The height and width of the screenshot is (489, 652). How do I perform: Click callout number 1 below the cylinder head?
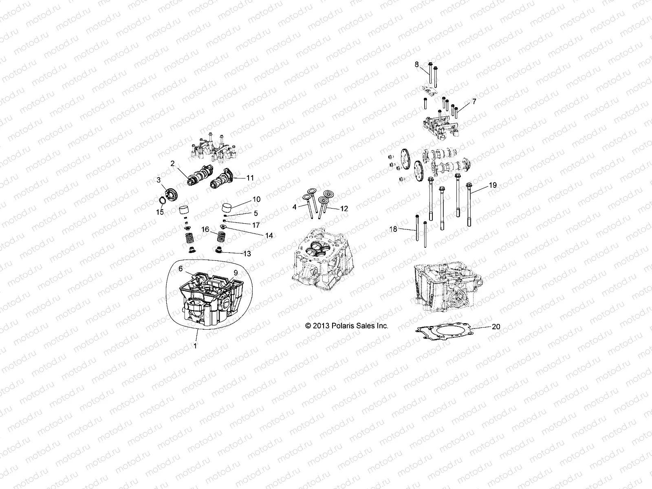[x=195, y=345]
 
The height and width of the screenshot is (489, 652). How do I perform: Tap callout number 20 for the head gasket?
[x=496, y=326]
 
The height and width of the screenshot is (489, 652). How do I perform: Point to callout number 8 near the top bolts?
[x=416, y=64]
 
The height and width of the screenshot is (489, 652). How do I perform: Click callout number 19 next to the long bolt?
[x=493, y=185]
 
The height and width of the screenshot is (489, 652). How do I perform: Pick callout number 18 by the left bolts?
[x=393, y=229]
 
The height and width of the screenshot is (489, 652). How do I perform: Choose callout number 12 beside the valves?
[x=344, y=208]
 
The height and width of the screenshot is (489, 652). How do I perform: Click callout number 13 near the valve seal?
[x=247, y=253]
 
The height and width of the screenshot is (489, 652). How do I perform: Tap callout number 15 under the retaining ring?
[x=160, y=212]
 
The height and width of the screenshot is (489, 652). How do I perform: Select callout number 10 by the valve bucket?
[x=256, y=199]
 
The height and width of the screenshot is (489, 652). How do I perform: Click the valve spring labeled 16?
[x=222, y=236]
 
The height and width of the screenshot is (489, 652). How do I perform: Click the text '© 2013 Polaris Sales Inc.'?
[x=347, y=326]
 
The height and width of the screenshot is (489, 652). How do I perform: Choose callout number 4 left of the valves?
[x=294, y=207]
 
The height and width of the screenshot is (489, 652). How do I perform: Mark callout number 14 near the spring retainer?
[x=269, y=235]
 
